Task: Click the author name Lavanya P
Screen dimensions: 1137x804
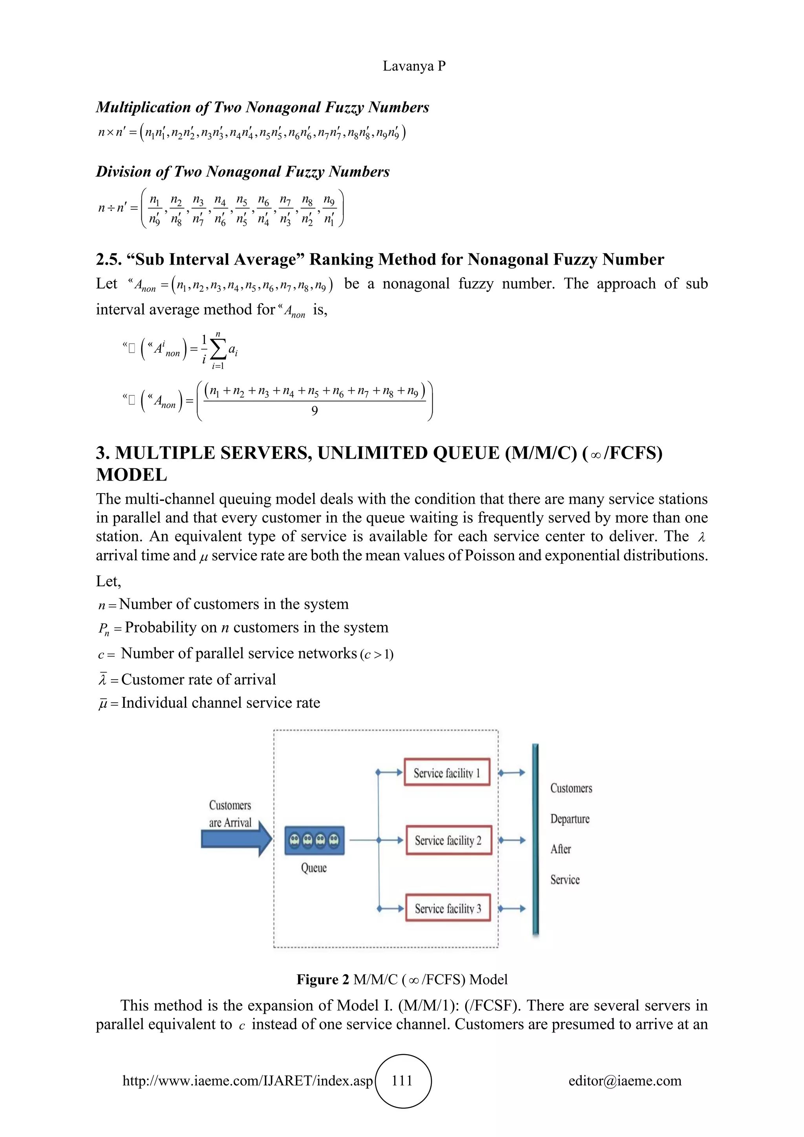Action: pos(414,66)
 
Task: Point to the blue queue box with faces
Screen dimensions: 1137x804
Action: pos(314,840)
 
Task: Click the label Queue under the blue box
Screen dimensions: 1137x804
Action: pos(314,868)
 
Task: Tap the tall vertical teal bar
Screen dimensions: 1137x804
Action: pos(535,840)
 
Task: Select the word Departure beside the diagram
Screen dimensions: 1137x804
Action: pos(570,819)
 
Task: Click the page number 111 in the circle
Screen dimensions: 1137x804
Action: pos(402,1080)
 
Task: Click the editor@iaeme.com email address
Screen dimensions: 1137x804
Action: pos(625,1080)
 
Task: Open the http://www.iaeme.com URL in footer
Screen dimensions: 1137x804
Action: pos(248,1080)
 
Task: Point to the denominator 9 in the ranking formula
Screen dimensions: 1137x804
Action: pos(314,411)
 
